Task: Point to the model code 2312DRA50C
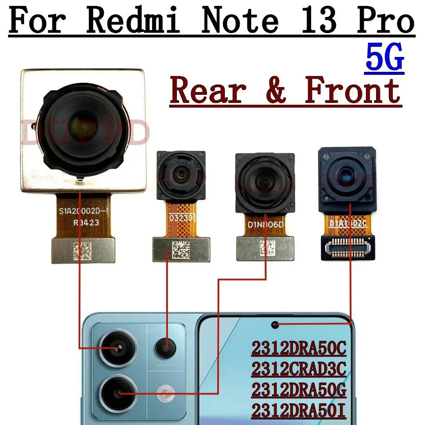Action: (x=299, y=349)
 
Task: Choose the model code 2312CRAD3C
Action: (x=299, y=369)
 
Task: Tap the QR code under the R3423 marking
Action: (x=82, y=250)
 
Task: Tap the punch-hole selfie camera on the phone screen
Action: (x=275, y=325)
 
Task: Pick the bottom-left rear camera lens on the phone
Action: (x=118, y=394)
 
